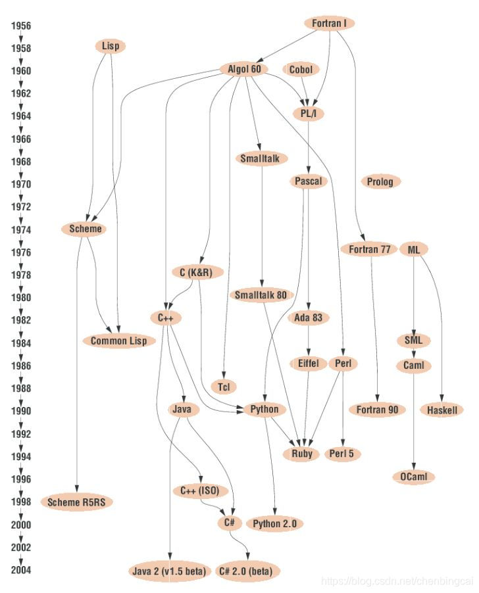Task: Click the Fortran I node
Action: (330, 24)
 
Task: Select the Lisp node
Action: (110, 46)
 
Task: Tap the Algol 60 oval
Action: (243, 69)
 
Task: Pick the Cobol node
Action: (301, 69)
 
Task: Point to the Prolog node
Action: (380, 181)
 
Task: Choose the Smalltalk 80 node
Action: (261, 295)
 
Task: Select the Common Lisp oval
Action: (119, 341)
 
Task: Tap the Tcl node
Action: (223, 387)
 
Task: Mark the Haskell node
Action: (441, 410)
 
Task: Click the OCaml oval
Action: (413, 477)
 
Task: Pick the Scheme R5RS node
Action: (77, 502)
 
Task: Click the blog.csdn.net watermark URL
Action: (397, 582)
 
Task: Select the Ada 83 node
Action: (309, 318)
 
